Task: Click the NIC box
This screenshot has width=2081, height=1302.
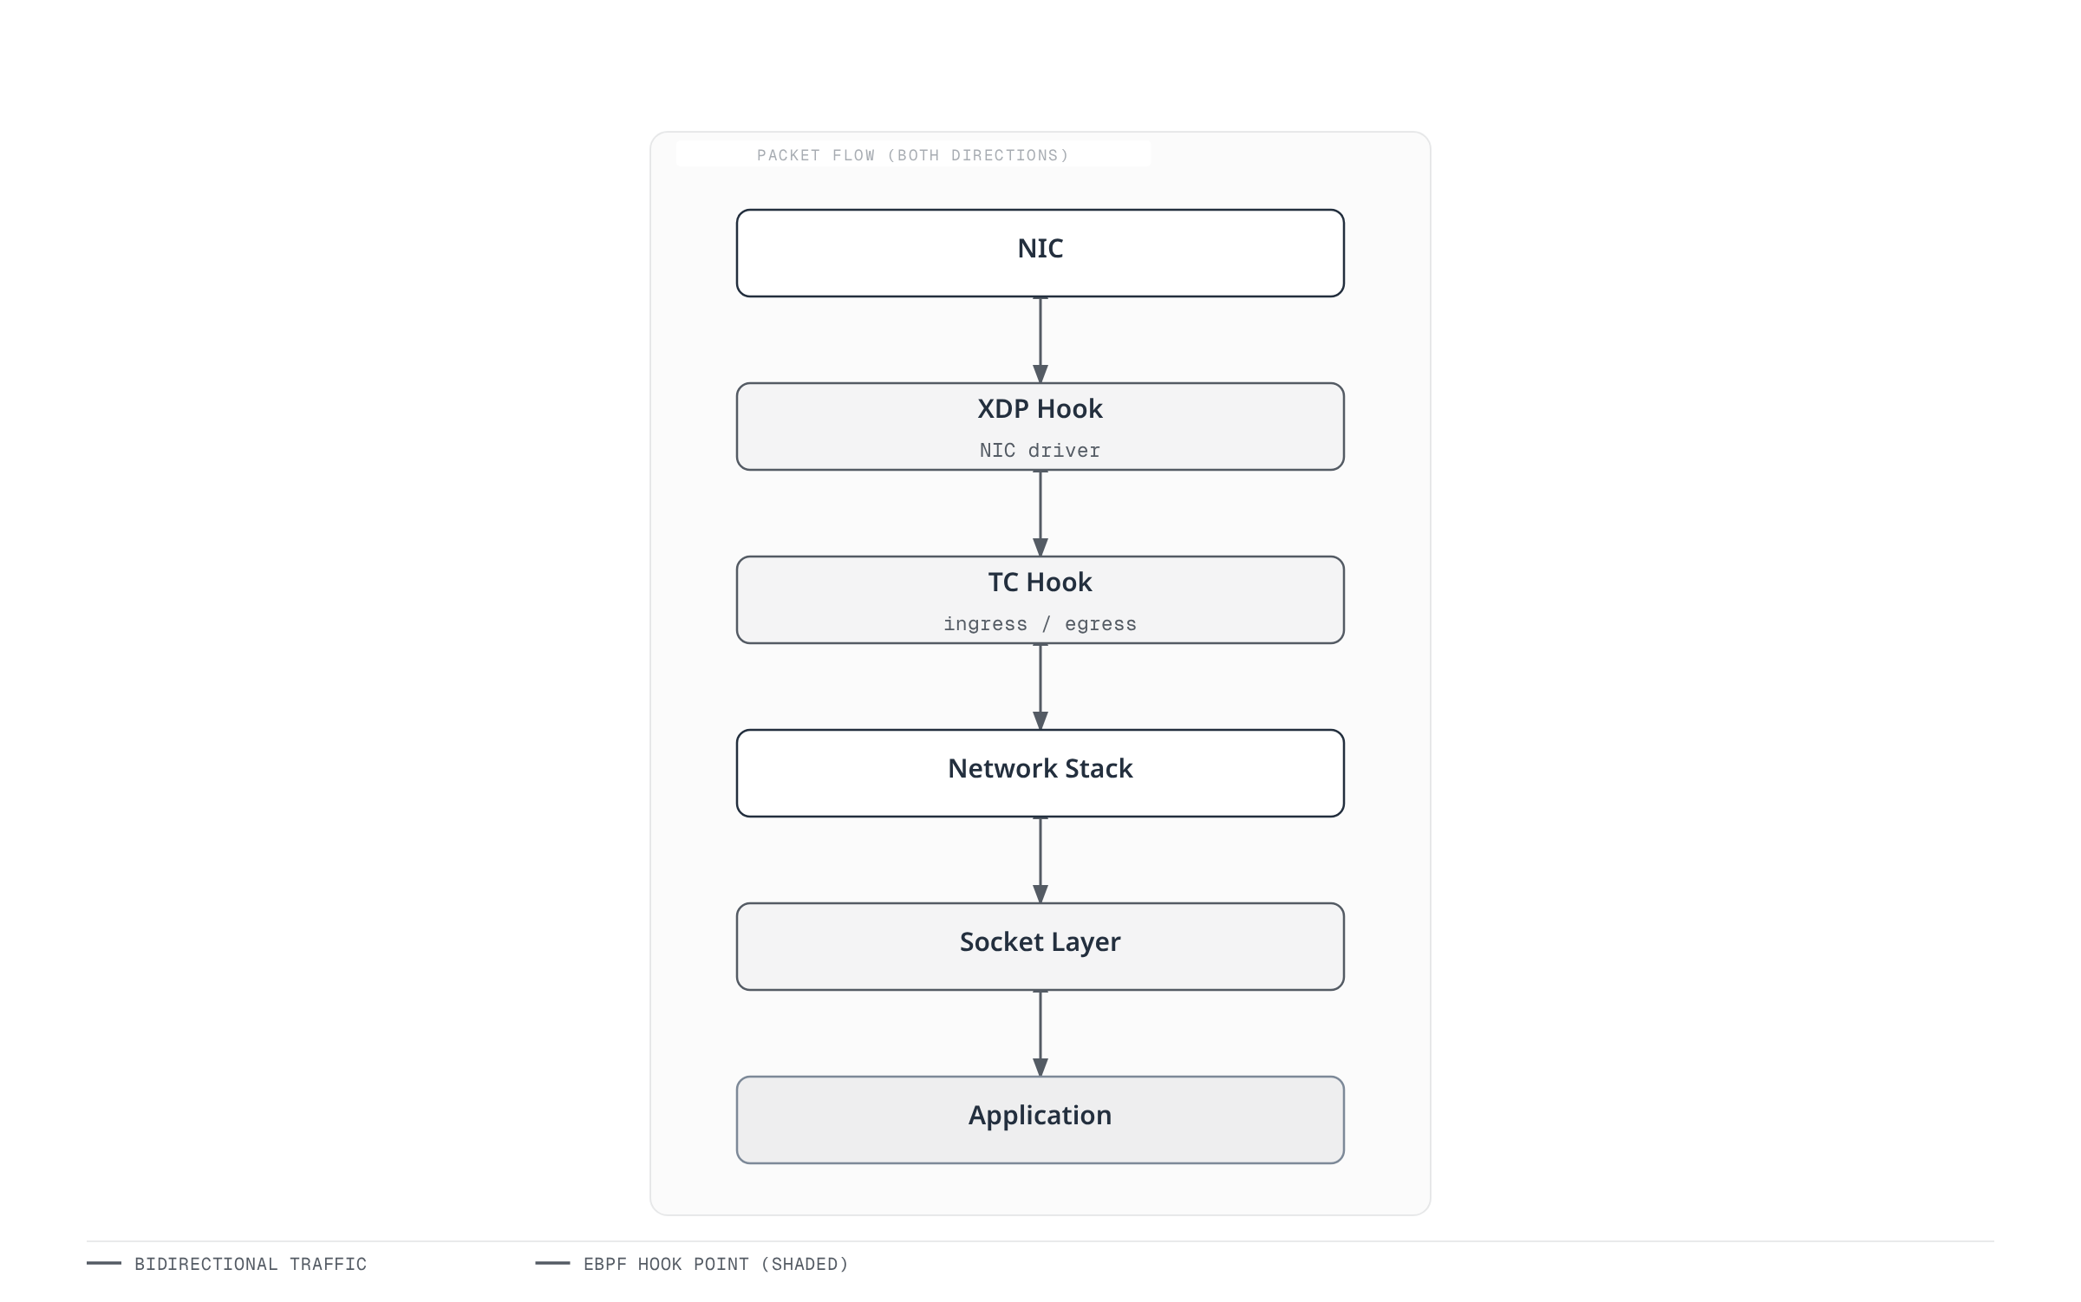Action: click(1040, 253)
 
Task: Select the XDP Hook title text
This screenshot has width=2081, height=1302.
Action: click(1040, 409)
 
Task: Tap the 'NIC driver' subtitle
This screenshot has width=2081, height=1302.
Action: click(1040, 451)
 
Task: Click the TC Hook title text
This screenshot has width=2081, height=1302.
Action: click(1040, 583)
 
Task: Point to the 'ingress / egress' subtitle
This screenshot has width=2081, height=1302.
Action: click(1040, 624)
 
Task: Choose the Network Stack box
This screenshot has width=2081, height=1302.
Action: click(1040, 773)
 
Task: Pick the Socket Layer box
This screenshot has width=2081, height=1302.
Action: click(1040, 947)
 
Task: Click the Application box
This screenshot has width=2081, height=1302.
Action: click(1040, 1120)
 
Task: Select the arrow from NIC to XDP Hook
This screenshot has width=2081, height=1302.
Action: click(1040, 340)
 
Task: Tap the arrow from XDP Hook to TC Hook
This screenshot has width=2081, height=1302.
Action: click(1040, 513)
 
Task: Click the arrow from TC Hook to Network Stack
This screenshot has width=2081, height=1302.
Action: click(1040, 687)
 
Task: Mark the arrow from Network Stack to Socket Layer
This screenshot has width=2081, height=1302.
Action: click(1040, 860)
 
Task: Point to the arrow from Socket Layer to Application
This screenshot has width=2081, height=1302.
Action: click(1040, 1033)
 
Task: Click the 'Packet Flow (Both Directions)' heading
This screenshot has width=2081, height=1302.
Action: click(913, 155)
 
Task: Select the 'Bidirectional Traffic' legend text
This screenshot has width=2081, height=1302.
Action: click(251, 1264)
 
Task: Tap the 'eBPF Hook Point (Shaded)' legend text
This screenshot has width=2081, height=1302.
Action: click(716, 1264)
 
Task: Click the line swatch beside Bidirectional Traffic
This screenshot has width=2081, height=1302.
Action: click(104, 1263)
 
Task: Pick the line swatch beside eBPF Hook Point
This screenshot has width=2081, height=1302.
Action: click(552, 1263)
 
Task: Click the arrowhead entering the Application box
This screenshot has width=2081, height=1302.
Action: click(1040, 1068)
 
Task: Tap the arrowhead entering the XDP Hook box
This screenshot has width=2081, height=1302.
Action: click(1040, 374)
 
